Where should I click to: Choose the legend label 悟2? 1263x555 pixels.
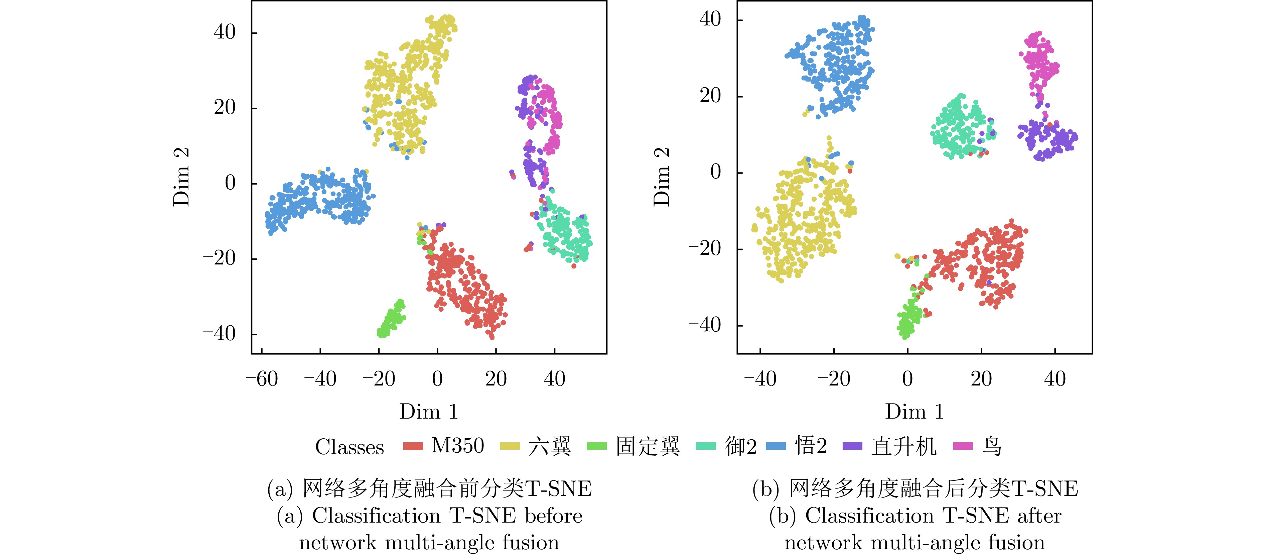pyautogui.click(x=811, y=446)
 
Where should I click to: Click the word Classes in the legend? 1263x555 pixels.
pyautogui.click(x=349, y=447)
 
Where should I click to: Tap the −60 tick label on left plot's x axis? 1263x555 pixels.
pyautogui.click(x=262, y=379)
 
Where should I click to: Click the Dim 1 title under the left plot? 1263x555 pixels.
pyautogui.click(x=428, y=412)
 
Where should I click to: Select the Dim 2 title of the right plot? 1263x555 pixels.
pyautogui.click(x=662, y=177)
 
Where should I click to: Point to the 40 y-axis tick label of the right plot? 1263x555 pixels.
pyautogui.click(x=710, y=20)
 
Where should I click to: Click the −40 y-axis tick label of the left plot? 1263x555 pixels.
pyautogui.click(x=219, y=334)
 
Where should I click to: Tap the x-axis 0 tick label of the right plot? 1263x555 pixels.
pyautogui.click(x=907, y=379)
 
